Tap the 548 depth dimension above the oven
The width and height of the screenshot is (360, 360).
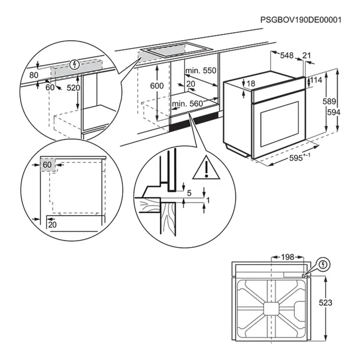[287, 56]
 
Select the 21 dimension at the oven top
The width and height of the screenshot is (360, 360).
[307, 56]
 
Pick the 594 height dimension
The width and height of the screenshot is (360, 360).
[334, 112]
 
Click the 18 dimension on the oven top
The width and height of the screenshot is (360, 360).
[251, 84]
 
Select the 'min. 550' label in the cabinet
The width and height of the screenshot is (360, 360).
[201, 71]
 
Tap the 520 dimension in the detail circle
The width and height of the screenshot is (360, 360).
[73, 88]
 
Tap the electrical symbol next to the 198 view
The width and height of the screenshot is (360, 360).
[323, 264]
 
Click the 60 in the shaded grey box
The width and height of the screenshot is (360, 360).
[47, 165]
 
